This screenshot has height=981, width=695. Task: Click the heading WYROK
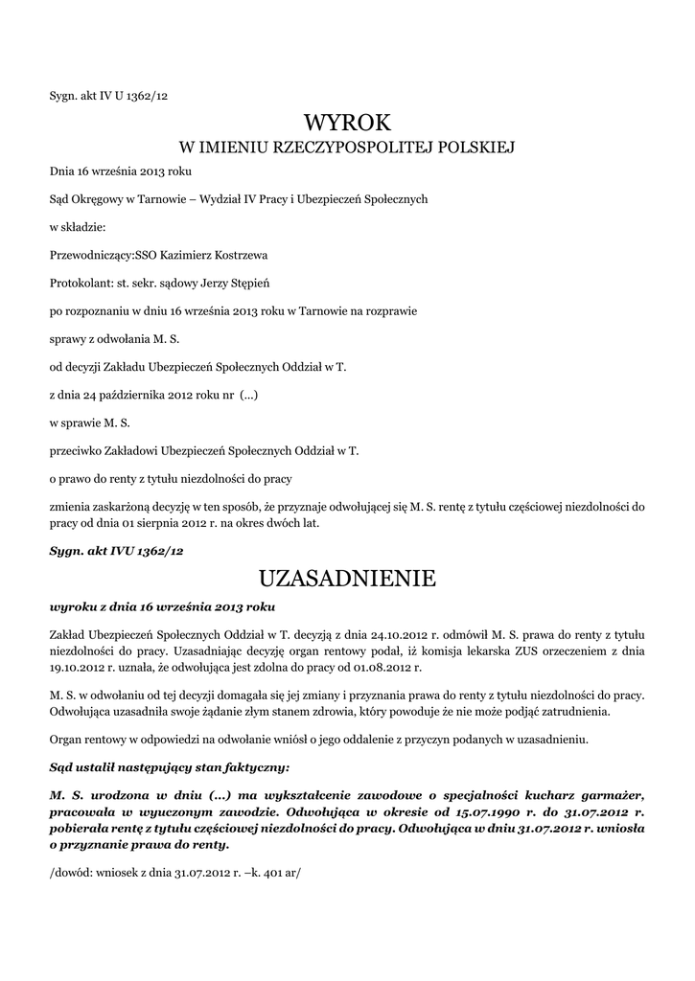[348, 123]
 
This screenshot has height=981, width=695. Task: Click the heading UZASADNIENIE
[347, 579]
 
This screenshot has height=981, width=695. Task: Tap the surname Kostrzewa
[239, 255]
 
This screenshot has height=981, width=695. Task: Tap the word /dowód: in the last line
[70, 875]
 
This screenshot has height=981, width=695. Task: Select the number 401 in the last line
[268, 875]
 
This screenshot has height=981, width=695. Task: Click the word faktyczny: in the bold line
[254, 767]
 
